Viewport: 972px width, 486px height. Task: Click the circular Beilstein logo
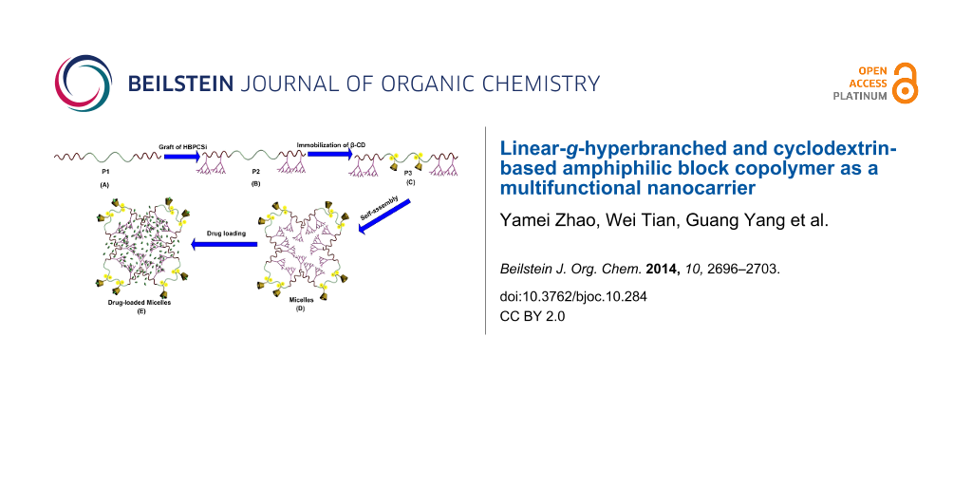click(84, 84)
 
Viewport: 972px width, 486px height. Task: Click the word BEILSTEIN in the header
click(181, 84)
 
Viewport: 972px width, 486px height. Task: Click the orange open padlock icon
click(905, 83)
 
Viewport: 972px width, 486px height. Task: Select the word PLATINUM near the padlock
click(860, 96)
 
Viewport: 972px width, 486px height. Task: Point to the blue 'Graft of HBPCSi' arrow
click(182, 157)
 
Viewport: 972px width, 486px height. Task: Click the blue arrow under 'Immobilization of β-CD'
click(329, 154)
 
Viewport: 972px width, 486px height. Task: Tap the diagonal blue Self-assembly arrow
click(384, 215)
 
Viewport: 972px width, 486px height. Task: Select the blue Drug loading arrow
click(224, 244)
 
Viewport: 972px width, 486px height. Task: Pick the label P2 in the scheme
click(255, 169)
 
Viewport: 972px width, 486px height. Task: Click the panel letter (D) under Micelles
click(301, 308)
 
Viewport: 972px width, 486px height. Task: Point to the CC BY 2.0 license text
click(533, 315)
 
